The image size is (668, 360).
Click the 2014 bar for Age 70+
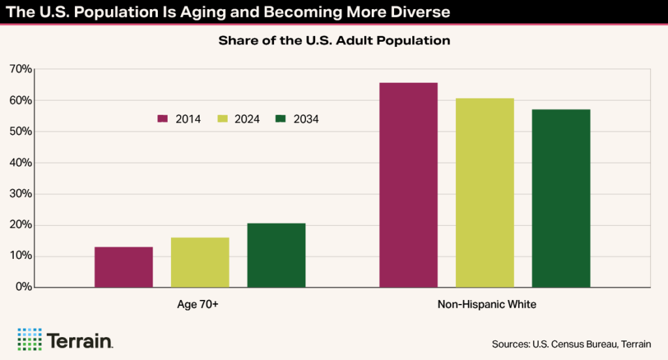[123, 267]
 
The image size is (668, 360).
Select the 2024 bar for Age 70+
[200, 262]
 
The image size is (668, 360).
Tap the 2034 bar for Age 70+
[276, 255]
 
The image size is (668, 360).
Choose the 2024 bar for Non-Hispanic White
[485, 192]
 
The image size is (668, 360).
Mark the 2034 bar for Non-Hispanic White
[561, 198]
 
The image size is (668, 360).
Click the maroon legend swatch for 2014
[163, 119]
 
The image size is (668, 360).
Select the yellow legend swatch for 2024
[222, 119]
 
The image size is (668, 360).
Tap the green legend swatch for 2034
[281, 119]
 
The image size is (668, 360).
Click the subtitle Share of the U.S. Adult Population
[334, 40]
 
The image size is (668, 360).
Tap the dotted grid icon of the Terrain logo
[29, 340]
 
